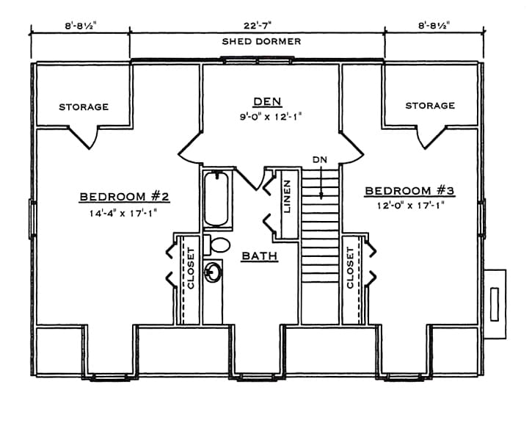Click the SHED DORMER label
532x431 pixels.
pos(261,42)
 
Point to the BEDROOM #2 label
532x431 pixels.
pos(125,197)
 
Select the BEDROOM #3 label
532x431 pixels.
pos(410,192)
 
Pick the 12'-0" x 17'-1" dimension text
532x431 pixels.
pos(410,206)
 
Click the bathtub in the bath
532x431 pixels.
pos(215,199)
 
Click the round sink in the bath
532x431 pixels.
pos(214,272)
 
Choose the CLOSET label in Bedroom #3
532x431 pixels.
pos(350,267)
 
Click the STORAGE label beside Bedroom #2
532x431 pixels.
pos(84,107)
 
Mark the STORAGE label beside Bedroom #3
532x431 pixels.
pos(430,106)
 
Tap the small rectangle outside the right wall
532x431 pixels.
pos(495,303)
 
